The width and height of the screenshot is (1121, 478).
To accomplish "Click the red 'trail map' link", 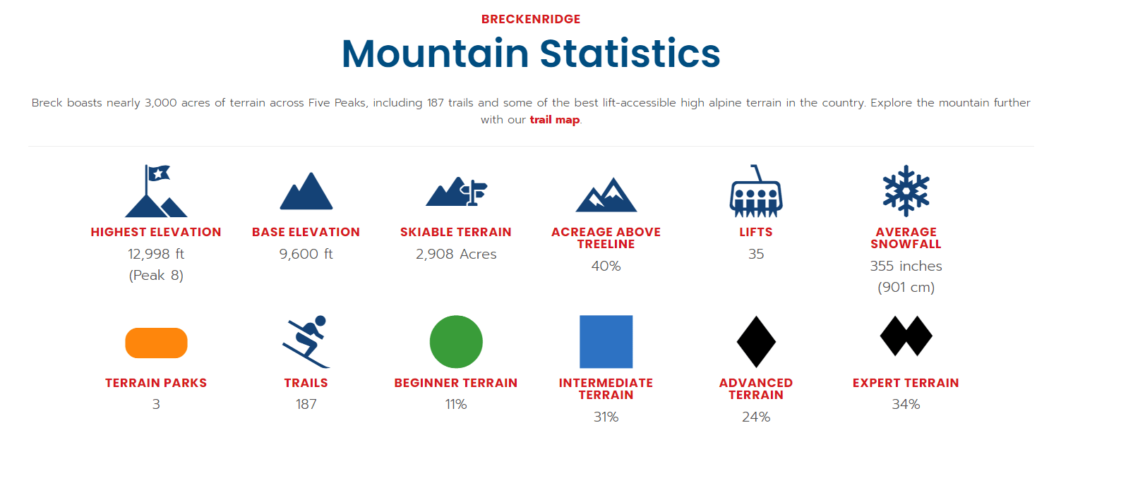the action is [554, 120].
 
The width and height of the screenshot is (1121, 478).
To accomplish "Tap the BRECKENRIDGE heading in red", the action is [531, 19].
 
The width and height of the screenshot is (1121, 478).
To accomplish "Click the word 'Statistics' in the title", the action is [630, 54].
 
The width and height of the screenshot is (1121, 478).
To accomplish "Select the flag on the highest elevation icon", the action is [158, 173].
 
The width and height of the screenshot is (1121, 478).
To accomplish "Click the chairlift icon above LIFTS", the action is [755, 191].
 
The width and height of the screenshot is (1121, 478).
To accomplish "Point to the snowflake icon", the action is [906, 190].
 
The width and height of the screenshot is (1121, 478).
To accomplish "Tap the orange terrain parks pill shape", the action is [156, 343].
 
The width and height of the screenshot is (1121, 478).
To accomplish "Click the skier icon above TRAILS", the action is [306, 341].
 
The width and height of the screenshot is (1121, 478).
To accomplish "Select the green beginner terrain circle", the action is [456, 341].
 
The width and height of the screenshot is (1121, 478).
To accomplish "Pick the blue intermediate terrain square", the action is [606, 341].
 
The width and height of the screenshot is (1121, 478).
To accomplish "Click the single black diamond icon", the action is [756, 341].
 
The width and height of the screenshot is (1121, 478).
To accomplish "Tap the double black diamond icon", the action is [906, 336].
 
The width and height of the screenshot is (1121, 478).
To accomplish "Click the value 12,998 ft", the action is [156, 254].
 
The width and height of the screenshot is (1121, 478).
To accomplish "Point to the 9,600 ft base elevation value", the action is [306, 254].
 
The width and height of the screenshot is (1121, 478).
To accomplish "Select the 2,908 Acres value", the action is [456, 254].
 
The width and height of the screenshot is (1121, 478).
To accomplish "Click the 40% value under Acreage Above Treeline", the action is [606, 266].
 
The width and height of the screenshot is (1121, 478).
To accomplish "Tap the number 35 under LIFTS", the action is [756, 254].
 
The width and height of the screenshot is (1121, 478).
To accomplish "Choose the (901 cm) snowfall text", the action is [906, 288].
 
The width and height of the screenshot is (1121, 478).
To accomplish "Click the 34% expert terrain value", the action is [906, 404].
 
